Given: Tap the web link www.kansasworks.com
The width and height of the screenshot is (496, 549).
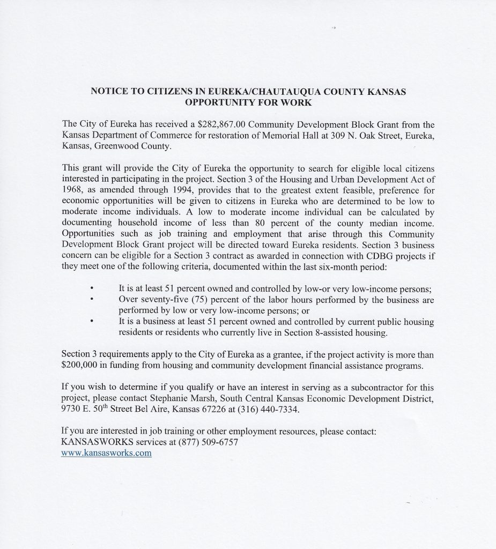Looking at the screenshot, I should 107,453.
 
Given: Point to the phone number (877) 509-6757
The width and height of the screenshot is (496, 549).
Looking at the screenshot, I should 208,443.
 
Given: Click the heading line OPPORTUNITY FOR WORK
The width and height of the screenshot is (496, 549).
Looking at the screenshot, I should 248,101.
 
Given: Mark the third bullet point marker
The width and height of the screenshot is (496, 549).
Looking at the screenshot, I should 92,321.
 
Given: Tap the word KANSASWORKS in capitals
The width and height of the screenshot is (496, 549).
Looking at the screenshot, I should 92,443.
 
